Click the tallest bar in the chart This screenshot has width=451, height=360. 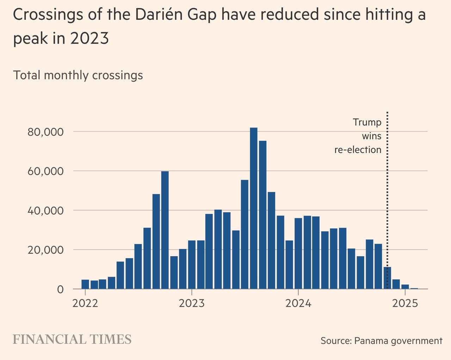click(x=254, y=208)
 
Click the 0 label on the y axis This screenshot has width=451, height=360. click(x=60, y=290)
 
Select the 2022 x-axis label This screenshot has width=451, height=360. click(x=85, y=303)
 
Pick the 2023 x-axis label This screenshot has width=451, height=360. click(x=192, y=303)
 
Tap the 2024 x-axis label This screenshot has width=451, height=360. click(x=298, y=303)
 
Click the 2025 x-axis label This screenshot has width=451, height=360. click(x=405, y=303)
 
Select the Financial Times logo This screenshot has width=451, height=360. click(x=72, y=340)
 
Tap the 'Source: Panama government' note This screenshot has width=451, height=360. click(x=381, y=341)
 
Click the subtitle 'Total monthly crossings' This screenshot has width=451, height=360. click(x=78, y=75)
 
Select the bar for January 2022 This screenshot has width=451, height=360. click(x=85, y=284)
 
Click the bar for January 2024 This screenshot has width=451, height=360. click(x=298, y=254)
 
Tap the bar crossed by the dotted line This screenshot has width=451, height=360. click(x=387, y=278)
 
